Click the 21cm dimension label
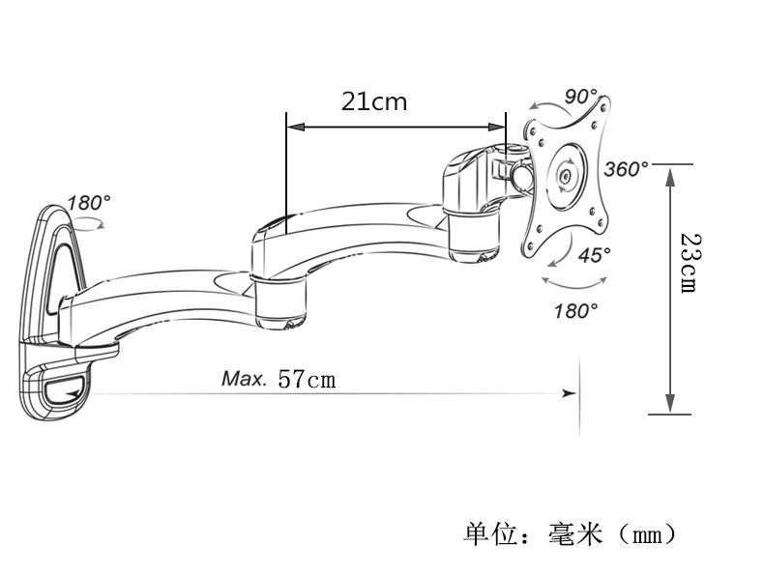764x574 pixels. pos(374,101)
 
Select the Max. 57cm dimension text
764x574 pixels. pos(279,378)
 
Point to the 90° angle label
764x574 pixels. pos(581,97)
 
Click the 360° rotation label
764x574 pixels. pos(627,169)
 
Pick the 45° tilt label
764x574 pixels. pos(595,255)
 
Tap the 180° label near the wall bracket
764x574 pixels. pos(89,203)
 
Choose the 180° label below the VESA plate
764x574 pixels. pos(575,310)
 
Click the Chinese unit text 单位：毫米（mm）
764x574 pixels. pos(569,532)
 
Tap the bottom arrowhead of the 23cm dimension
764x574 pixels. pos(668,406)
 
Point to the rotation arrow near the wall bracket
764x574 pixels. pos(89,223)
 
